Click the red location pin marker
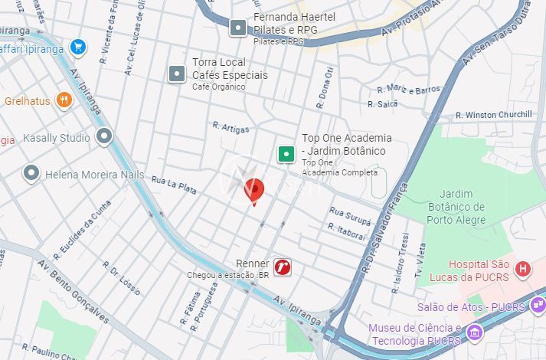(x=253, y=190)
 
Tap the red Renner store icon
(x=283, y=267)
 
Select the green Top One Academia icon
(x=286, y=155)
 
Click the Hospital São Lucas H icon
(x=523, y=268)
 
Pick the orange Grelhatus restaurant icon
(x=64, y=100)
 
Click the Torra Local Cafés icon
(x=177, y=74)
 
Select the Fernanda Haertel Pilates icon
(x=239, y=28)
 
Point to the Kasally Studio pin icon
(x=104, y=137)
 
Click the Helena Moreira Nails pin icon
(x=31, y=173)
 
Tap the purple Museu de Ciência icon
(x=475, y=333)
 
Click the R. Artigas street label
(x=230, y=127)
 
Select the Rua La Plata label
(x=175, y=184)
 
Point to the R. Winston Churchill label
(x=494, y=115)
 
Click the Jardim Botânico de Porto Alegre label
(x=456, y=207)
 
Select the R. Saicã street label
(x=382, y=103)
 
